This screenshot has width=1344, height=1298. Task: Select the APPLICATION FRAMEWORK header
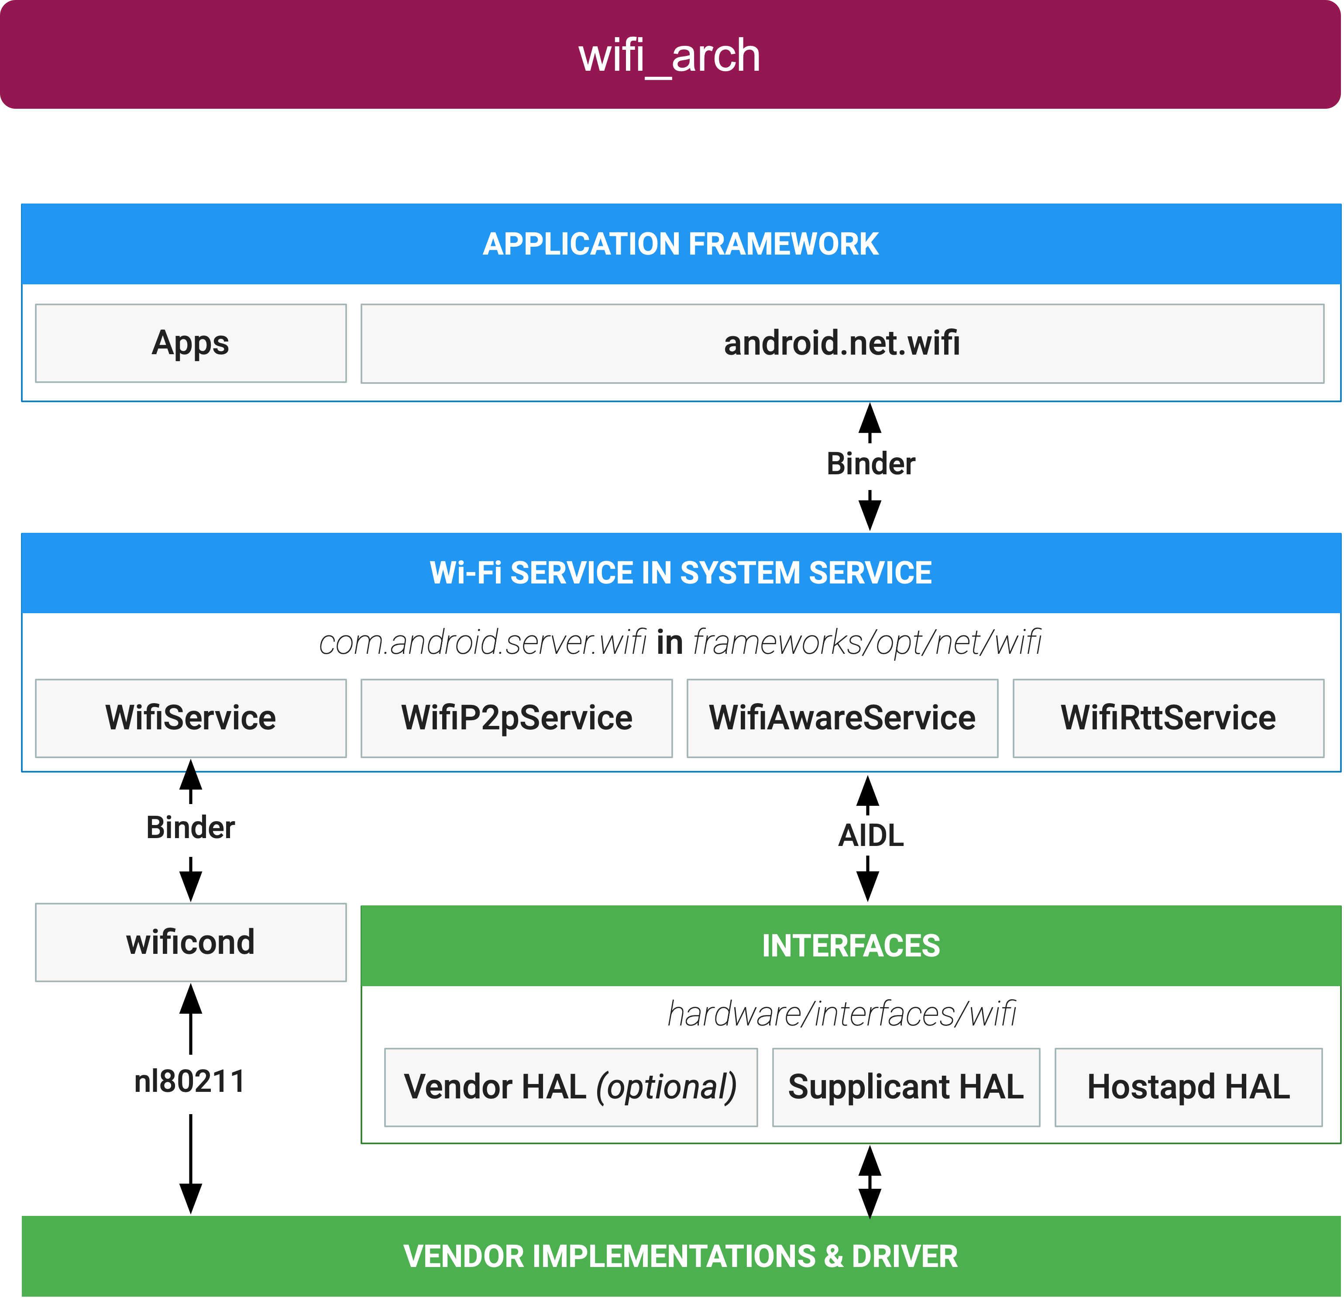click(680, 244)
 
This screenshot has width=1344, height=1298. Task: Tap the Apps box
click(191, 343)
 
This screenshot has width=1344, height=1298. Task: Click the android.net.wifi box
click(842, 343)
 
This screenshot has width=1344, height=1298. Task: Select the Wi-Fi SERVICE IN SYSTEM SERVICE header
click(680, 573)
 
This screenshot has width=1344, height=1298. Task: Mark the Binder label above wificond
click(191, 829)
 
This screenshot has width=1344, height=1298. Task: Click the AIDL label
click(871, 835)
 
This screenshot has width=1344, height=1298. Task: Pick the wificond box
click(191, 942)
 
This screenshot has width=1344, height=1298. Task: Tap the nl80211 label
click(191, 1083)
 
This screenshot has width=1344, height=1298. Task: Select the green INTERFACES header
click(850, 946)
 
